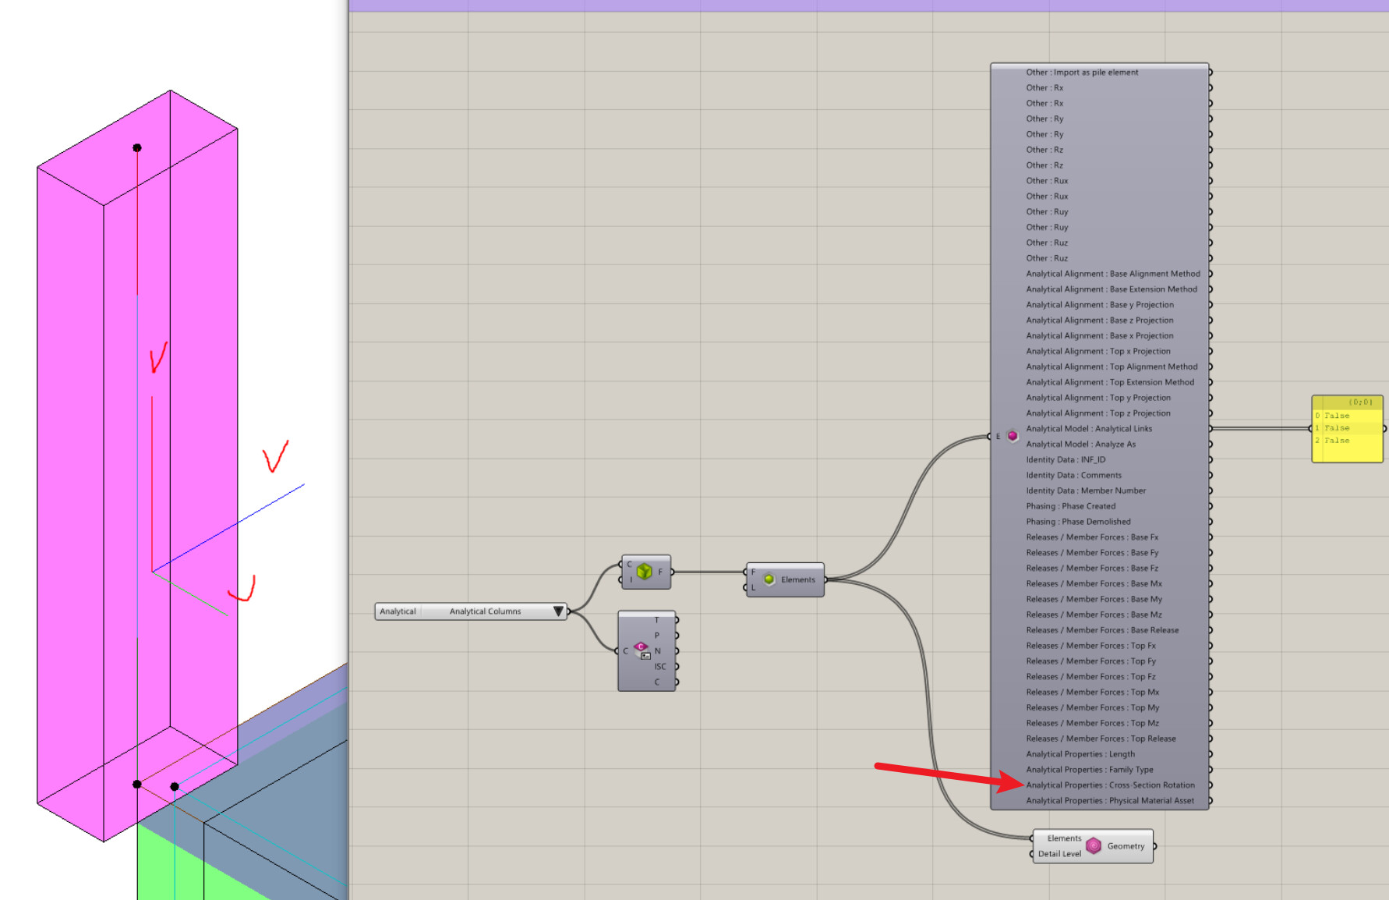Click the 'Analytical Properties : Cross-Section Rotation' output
pos(1110,785)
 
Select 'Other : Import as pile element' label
pos(1082,73)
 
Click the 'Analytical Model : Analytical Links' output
pos(1088,429)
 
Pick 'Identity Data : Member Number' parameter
pos(1086,491)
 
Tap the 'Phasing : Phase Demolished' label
pos(1078,522)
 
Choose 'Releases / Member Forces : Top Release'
pos(1101,739)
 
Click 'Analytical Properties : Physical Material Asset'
pos(1110,801)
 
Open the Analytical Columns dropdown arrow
pos(558,611)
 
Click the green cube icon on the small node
pos(644,572)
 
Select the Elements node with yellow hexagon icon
pos(786,579)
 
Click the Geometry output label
pos(1126,846)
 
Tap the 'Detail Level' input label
pos(1059,854)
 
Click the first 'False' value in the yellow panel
pos(1337,416)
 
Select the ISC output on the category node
pos(660,667)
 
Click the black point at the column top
pos(137,147)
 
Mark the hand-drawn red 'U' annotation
pos(243,590)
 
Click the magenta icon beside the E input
pos(1013,436)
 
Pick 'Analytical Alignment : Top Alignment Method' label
pos(1112,367)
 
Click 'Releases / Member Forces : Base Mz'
pos(1094,615)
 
